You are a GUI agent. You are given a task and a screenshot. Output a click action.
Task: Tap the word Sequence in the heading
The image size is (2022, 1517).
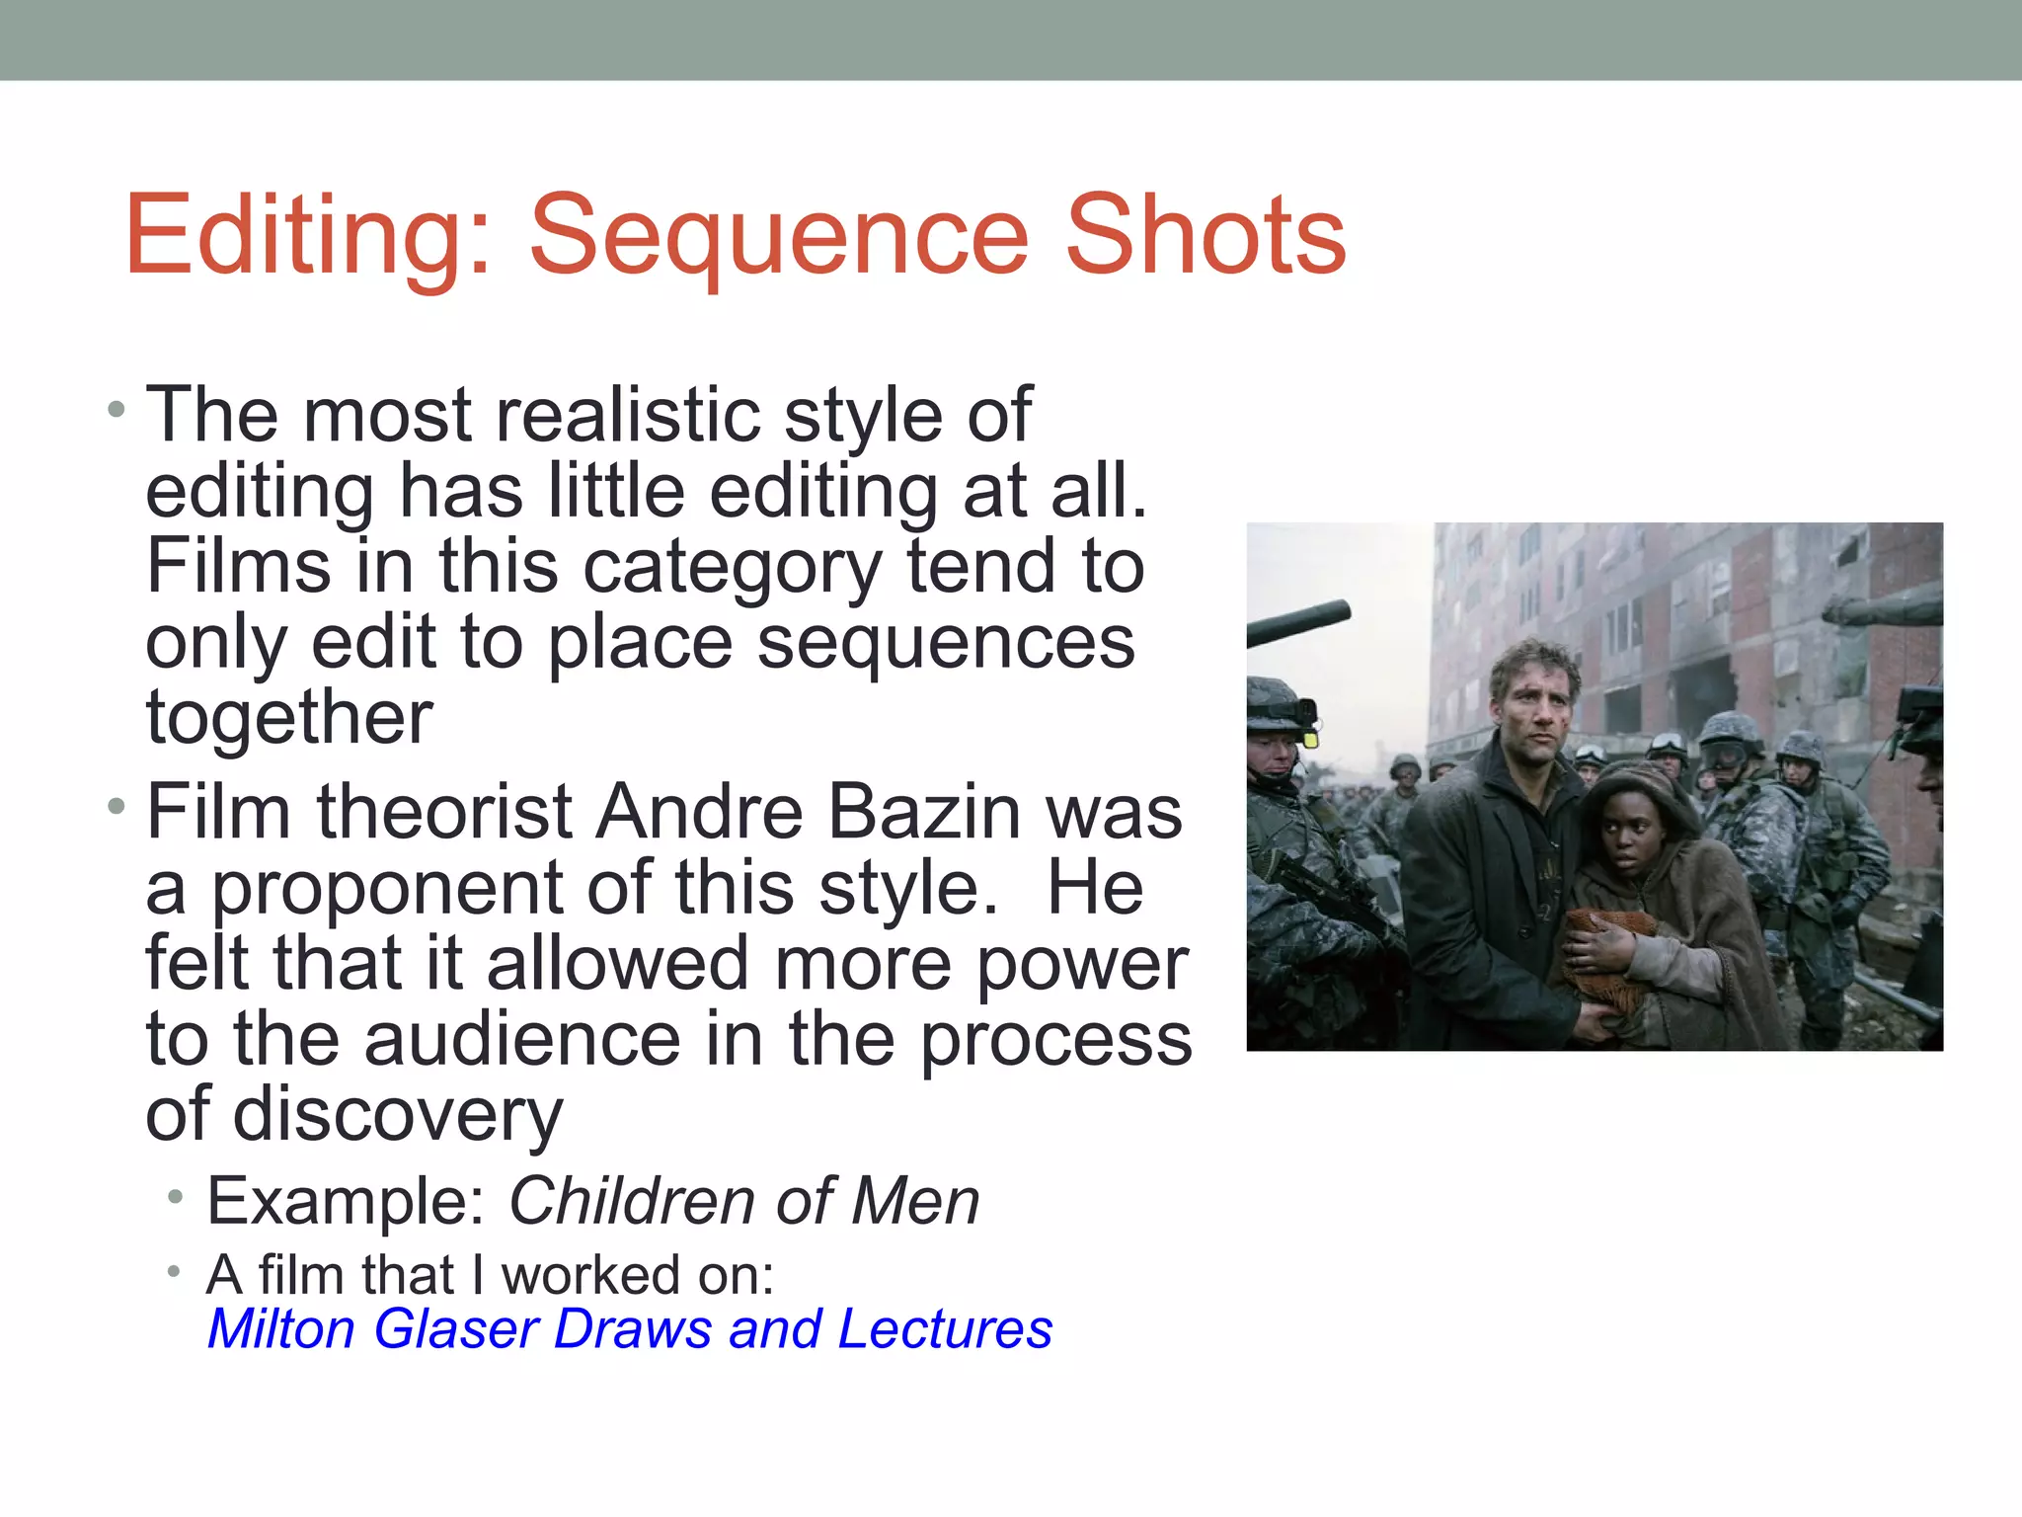779,237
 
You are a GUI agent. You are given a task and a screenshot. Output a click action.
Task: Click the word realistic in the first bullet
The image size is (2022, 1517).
627,415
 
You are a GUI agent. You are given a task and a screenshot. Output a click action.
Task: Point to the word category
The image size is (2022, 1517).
732,567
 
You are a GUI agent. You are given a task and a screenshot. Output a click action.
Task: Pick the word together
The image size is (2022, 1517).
289,717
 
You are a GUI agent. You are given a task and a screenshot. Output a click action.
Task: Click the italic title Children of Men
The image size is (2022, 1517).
742,1202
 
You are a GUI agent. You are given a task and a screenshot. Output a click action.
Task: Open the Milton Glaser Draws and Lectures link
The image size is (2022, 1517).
630,1329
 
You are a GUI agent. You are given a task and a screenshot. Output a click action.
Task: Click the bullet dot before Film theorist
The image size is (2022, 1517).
117,807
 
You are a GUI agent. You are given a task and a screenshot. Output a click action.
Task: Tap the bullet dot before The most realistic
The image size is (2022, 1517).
117,409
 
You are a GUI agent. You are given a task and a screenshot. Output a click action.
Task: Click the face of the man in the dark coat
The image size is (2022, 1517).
1533,696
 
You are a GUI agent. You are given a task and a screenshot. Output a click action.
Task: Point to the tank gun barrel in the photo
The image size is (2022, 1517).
1298,624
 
